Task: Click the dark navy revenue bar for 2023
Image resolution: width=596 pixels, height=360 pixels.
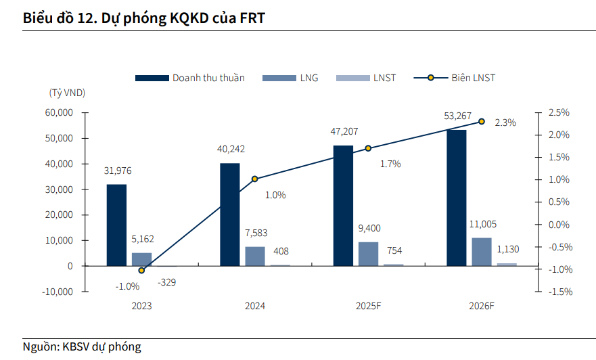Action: [116, 225]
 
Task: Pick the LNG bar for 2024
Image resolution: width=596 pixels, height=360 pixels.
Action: [255, 256]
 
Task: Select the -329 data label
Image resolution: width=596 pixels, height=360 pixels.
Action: [166, 283]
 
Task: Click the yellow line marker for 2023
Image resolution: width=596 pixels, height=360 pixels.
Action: [141, 270]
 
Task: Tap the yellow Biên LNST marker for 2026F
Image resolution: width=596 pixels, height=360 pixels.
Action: [482, 121]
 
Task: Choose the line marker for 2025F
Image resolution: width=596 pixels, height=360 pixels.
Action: [368, 148]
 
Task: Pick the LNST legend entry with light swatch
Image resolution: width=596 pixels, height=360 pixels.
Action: [384, 78]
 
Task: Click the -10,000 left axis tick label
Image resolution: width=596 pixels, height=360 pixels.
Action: [58, 292]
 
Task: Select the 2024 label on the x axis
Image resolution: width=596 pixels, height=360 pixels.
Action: [255, 306]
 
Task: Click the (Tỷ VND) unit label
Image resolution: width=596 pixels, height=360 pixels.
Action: [67, 92]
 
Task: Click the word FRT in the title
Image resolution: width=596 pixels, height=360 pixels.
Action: [251, 18]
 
